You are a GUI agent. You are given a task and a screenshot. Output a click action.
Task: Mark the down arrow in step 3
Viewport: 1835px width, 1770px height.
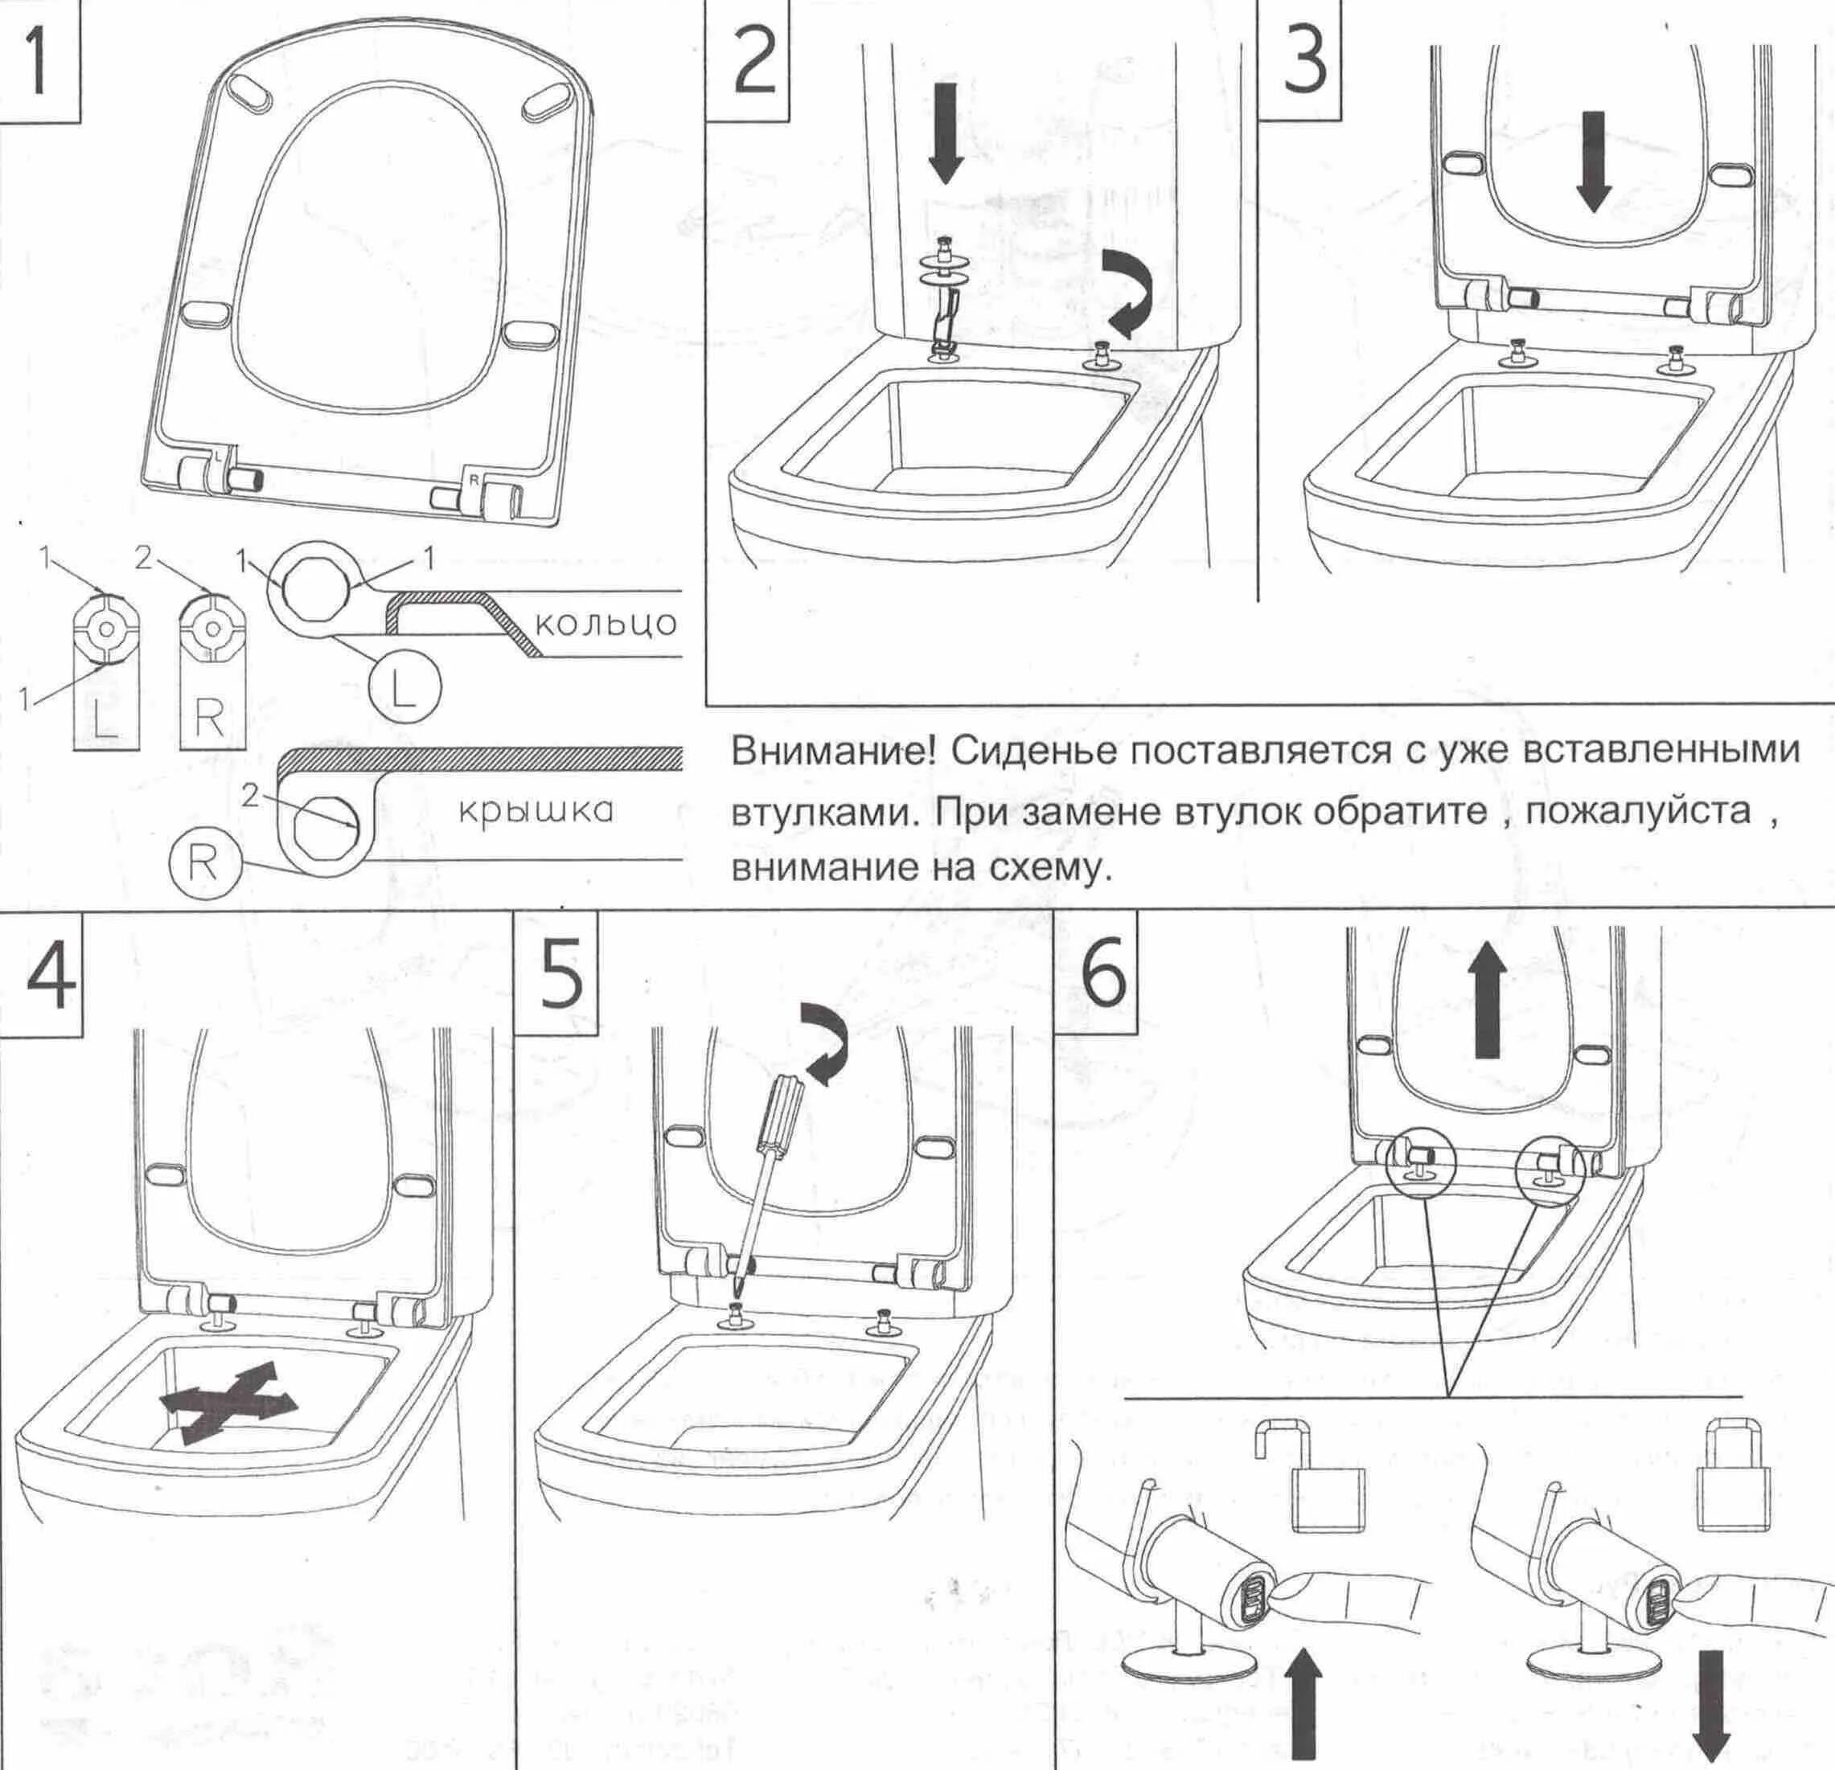[x=1592, y=159]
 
